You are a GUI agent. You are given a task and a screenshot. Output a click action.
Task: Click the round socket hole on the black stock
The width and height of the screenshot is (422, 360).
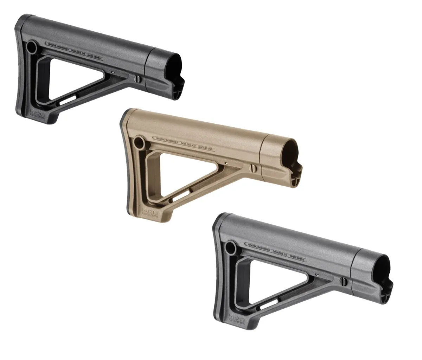point(32,46)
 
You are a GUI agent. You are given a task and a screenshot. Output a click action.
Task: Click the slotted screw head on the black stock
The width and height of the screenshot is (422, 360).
point(138,79)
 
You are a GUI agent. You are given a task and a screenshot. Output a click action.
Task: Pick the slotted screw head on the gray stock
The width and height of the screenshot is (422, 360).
point(343,281)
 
